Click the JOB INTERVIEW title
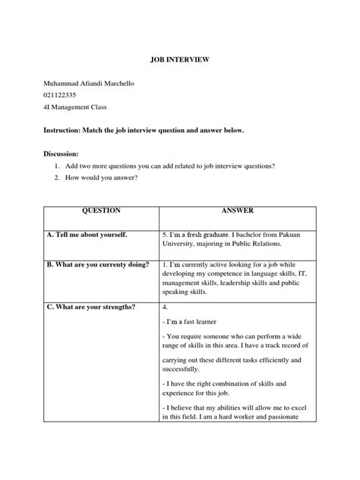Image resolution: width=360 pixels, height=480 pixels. pyautogui.click(x=180, y=58)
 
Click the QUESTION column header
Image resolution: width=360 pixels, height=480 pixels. pyautogui.click(x=100, y=210)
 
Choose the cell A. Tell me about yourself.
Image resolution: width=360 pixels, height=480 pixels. pyautogui.click(x=85, y=235)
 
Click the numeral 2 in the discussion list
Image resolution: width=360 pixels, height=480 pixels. pyautogui.click(x=57, y=178)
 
